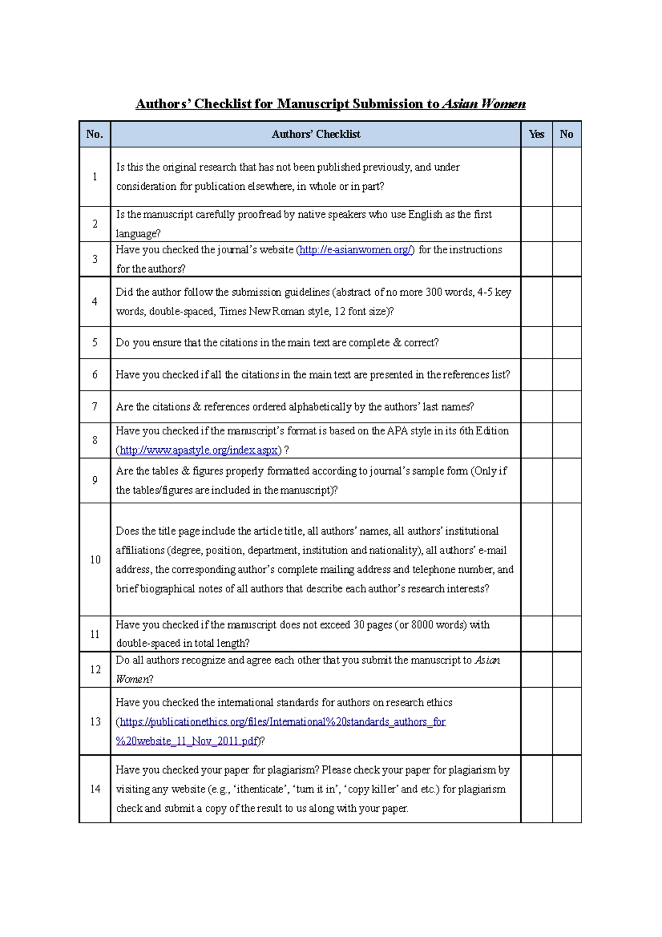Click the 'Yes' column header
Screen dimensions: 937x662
(536, 134)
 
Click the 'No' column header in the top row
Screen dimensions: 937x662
(566, 134)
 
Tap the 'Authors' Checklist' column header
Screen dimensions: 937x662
(316, 134)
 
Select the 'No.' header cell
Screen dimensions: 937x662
(94, 134)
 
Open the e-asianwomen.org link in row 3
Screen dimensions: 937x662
(355, 250)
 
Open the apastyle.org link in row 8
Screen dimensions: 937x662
(199, 450)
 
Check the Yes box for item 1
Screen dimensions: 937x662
(536, 177)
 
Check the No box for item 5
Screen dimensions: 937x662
(566, 343)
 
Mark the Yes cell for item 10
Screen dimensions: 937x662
(536, 560)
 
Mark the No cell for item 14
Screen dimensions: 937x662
(566, 789)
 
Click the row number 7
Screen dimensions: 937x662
(94, 407)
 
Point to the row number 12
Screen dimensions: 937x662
(95, 669)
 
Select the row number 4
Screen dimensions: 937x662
(94, 302)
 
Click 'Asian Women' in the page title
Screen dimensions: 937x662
(484, 104)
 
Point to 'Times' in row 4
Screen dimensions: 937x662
(232, 312)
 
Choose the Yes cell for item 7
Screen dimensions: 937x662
(536, 407)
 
